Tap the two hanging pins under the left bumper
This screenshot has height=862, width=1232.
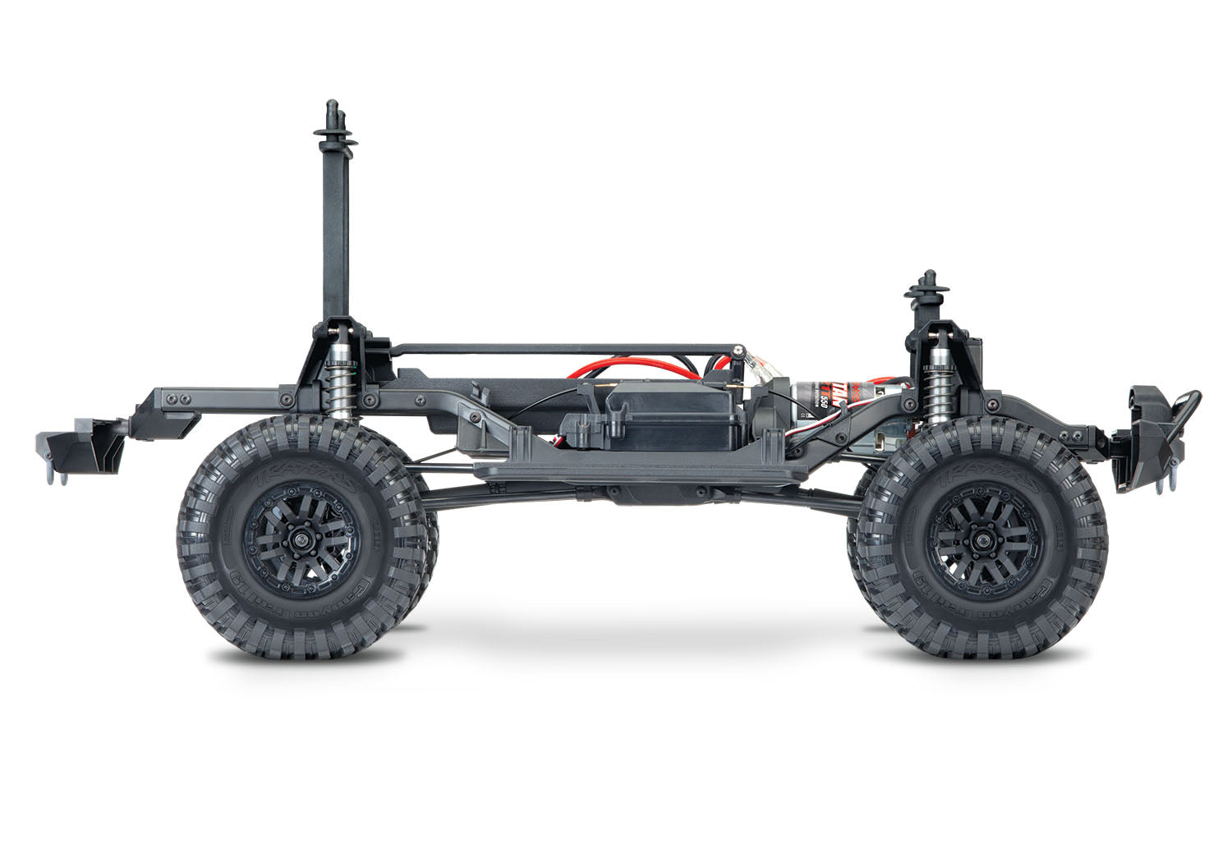pyautogui.click(x=57, y=476)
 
